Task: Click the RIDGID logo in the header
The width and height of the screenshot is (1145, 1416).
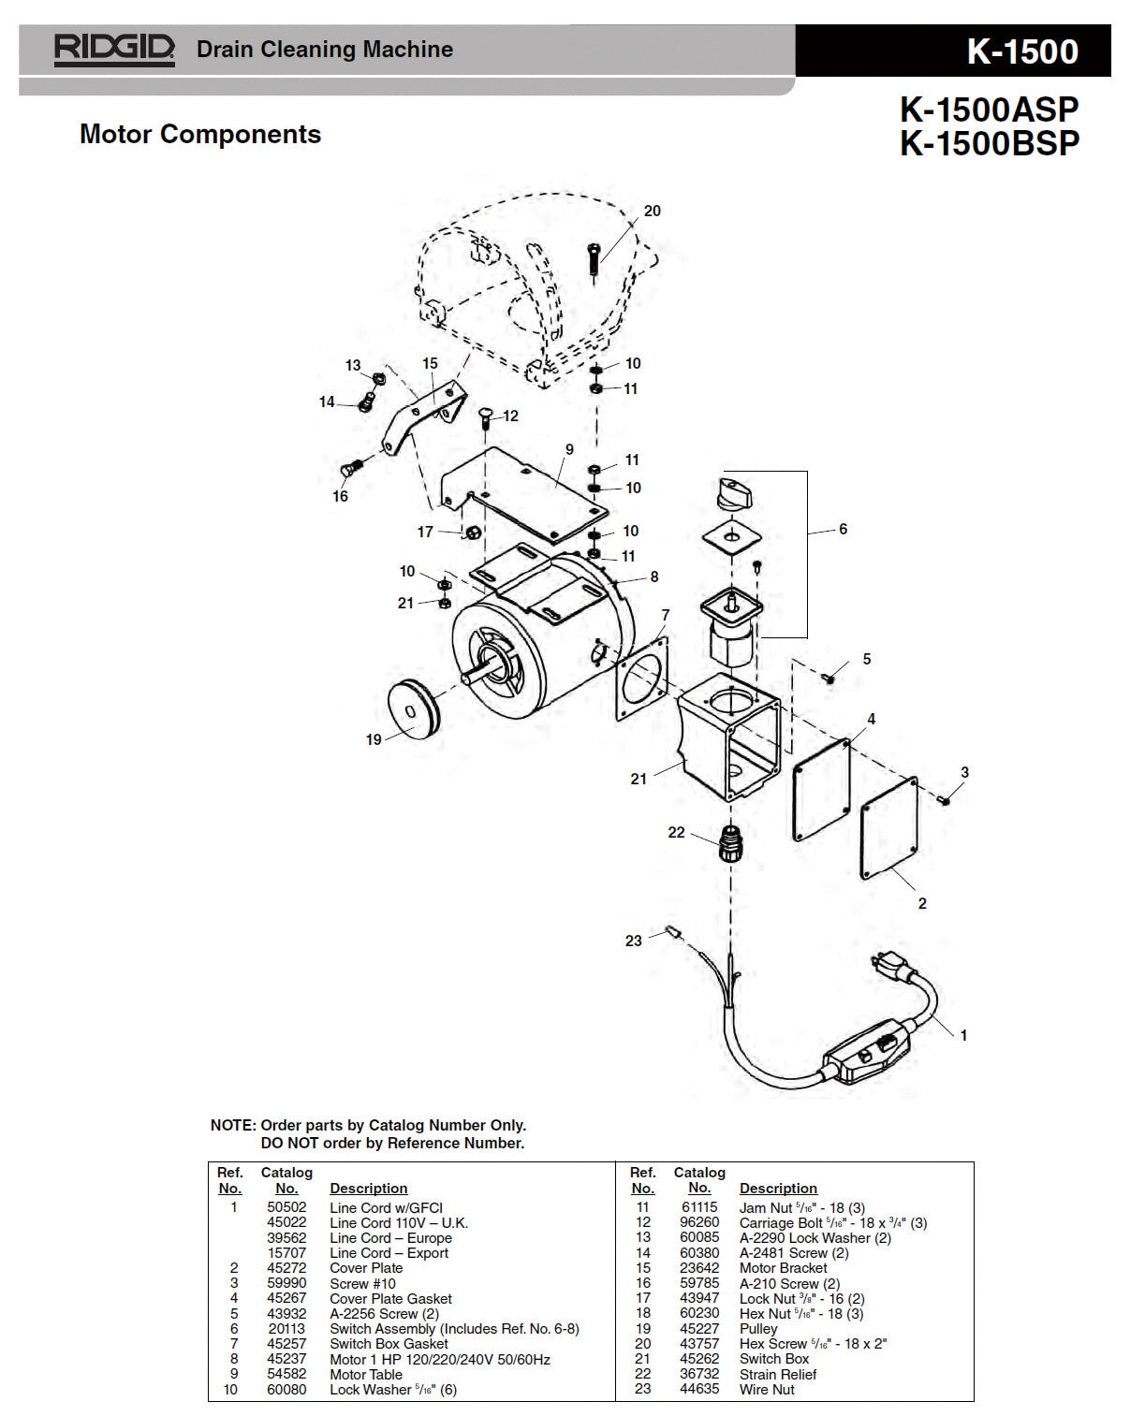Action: [114, 50]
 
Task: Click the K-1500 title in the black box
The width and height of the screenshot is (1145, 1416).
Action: [1022, 51]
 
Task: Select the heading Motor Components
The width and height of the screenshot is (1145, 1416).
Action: [200, 134]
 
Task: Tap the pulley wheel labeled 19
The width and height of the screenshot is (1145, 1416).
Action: [412, 708]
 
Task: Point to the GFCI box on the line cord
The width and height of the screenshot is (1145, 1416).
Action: [864, 1052]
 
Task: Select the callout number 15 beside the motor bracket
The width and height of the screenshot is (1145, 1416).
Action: [430, 364]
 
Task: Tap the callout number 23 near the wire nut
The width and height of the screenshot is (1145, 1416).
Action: [633, 941]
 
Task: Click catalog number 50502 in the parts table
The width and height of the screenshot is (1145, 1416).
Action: [286, 1207]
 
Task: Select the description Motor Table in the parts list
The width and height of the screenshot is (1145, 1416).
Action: [366, 1374]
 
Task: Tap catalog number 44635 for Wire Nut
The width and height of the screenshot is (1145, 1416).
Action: [698, 1389]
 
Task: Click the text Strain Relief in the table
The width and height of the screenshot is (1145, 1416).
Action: [777, 1374]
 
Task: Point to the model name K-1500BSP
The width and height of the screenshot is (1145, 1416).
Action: [990, 143]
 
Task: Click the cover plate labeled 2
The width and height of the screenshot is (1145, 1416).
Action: [889, 828]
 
